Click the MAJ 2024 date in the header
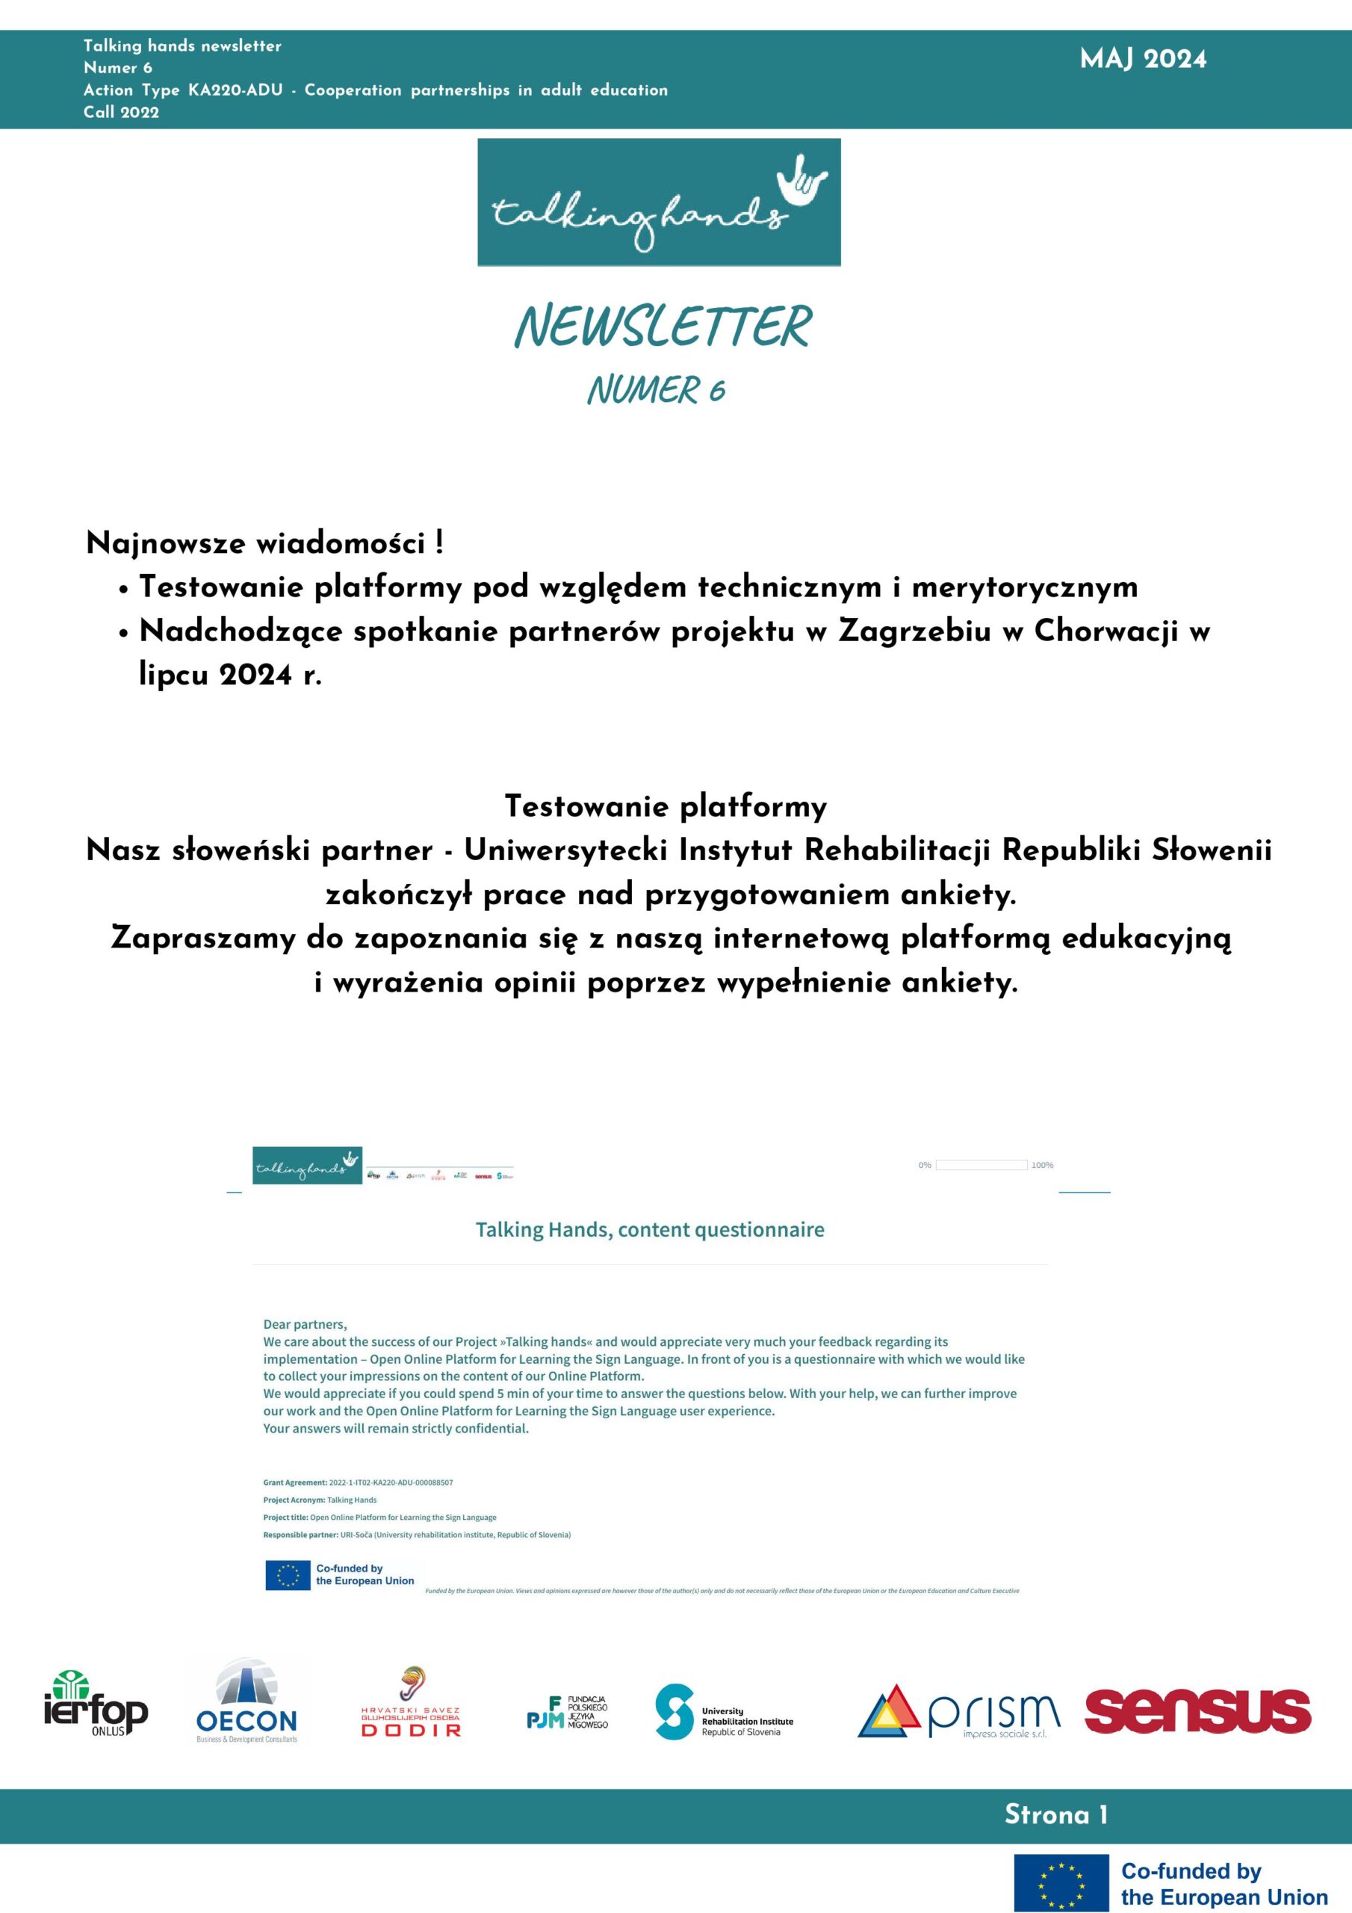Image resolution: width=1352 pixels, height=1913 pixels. [1142, 59]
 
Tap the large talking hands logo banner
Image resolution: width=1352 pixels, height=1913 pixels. [658, 203]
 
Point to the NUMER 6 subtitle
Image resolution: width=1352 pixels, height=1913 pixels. [656, 390]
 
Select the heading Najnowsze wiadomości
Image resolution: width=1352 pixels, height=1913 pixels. [264, 543]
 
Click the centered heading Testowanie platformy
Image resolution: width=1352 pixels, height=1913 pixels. [666, 806]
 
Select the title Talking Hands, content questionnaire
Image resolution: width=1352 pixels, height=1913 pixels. [650, 1230]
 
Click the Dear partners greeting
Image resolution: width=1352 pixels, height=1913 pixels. [305, 1324]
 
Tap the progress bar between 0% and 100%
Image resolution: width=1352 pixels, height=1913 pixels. [981, 1165]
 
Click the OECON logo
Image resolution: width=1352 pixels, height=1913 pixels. [246, 1712]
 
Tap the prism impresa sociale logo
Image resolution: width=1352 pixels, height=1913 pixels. [959, 1713]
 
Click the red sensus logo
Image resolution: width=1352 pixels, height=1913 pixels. [1197, 1710]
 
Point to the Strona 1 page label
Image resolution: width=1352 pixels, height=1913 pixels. [1055, 1814]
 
